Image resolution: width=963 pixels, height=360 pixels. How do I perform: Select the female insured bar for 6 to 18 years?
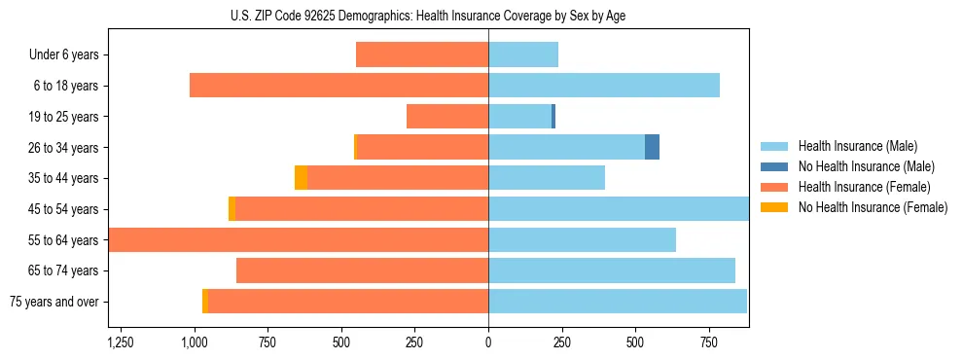click(x=339, y=86)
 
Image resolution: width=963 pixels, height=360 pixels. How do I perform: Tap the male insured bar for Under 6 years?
click(x=523, y=54)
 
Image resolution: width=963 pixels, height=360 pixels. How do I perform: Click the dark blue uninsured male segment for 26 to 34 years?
click(x=652, y=147)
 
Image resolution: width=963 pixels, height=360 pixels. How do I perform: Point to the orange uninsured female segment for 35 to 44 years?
click(x=301, y=178)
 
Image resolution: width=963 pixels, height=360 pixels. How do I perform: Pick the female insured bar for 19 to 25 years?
click(x=447, y=117)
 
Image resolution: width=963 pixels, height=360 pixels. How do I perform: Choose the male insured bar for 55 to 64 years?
click(x=582, y=239)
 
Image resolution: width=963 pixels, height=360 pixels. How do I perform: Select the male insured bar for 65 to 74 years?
click(x=612, y=270)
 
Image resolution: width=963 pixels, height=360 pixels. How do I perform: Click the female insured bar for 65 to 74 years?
click(x=362, y=270)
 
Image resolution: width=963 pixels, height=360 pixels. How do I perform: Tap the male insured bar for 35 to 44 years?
click(x=547, y=178)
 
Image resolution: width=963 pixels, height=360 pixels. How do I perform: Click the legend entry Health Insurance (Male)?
click(x=857, y=146)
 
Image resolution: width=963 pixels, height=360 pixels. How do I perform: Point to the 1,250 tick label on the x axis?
click(x=121, y=342)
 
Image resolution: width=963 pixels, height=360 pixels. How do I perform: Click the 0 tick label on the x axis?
click(x=488, y=342)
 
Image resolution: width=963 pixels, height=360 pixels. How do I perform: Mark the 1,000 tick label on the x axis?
click(x=194, y=342)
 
